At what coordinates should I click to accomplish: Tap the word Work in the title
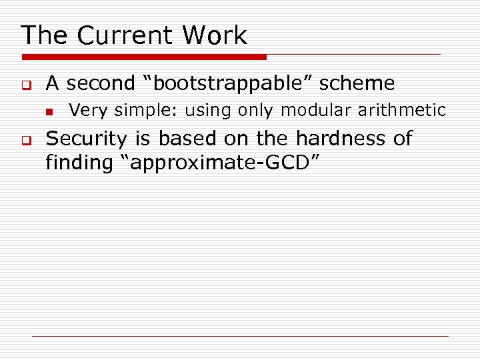pyautogui.click(x=215, y=35)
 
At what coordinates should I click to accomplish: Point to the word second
pyautogui.click(x=101, y=83)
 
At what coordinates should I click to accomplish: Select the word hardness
pyautogui.click(x=337, y=139)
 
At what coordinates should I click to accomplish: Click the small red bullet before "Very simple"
pyautogui.click(x=48, y=111)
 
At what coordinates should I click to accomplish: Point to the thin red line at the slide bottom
pyautogui.click(x=240, y=336)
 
